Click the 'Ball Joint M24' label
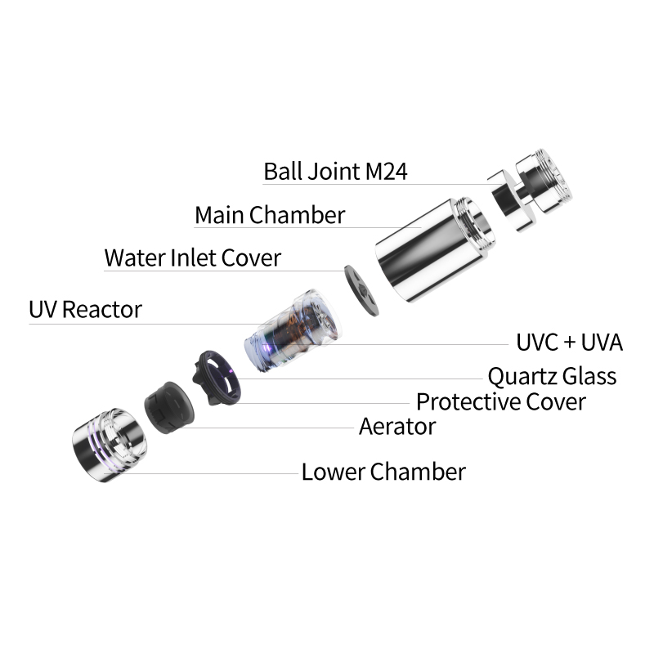click(x=335, y=172)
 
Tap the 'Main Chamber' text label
click(x=270, y=215)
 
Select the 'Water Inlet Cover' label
click(x=193, y=258)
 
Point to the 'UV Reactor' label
click(x=86, y=310)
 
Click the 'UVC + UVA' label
click(x=569, y=343)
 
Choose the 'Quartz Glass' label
click(x=553, y=376)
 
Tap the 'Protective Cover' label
click(x=501, y=401)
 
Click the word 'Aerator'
click(x=397, y=427)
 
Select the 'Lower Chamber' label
click(x=383, y=473)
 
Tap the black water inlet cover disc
click(x=361, y=290)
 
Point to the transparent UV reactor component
click(x=293, y=329)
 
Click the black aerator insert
click(x=169, y=407)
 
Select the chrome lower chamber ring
click(x=110, y=445)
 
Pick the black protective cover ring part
click(x=217, y=378)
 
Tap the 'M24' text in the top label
click(x=386, y=172)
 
